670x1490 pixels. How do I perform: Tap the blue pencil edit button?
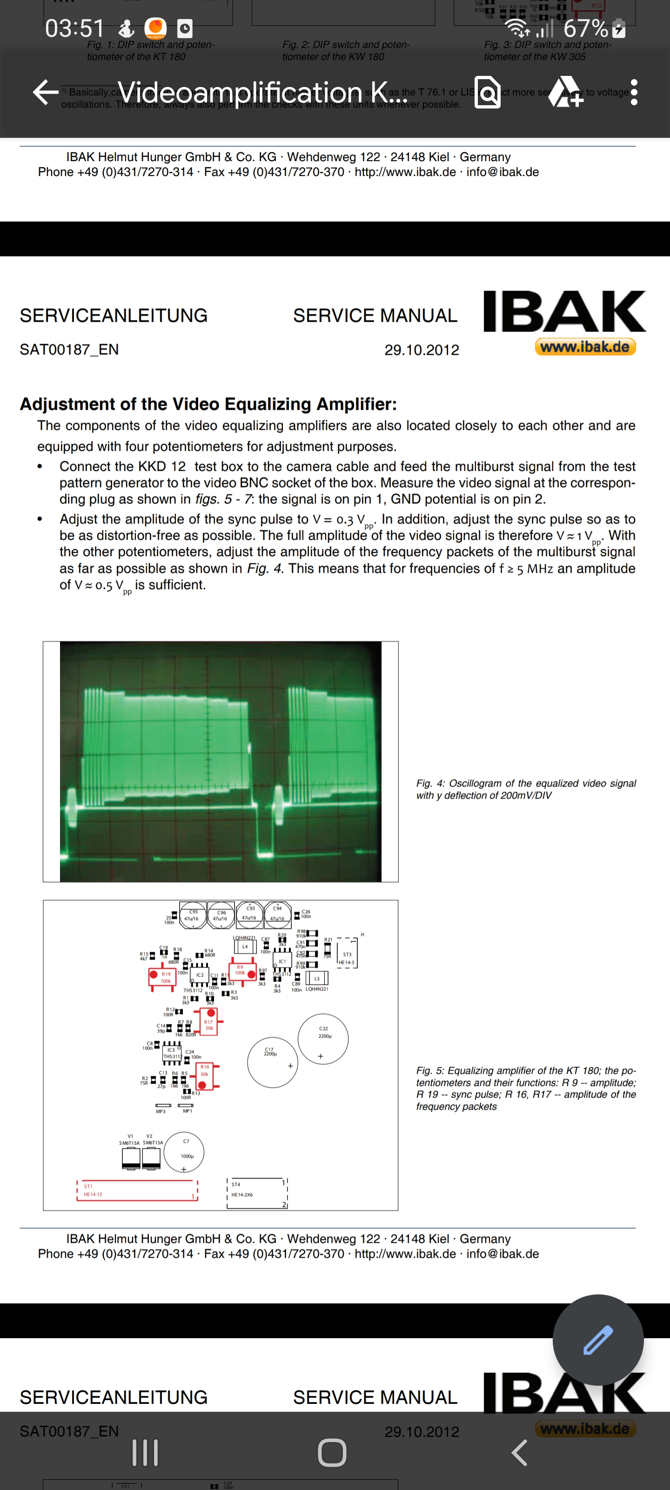coord(598,1340)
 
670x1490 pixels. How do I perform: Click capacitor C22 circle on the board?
coord(322,1038)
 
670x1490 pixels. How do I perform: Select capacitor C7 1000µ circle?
coord(184,1152)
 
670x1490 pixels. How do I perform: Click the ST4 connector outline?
coord(257,1192)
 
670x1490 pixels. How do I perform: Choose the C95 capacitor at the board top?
coord(193,915)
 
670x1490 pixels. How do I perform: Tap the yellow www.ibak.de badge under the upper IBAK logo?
coord(585,347)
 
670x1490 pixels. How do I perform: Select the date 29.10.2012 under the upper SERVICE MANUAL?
coord(422,350)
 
